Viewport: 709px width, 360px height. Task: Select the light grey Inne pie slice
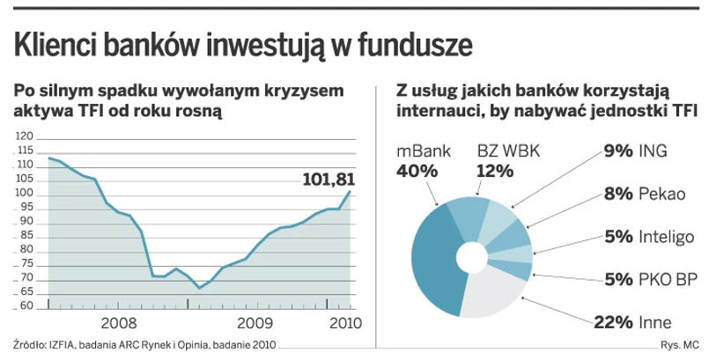493,295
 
